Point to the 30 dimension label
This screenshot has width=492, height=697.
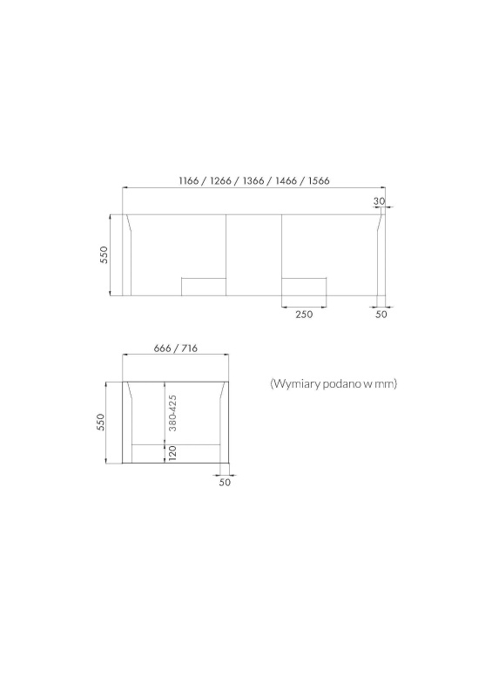(x=379, y=201)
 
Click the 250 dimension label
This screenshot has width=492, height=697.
(x=304, y=315)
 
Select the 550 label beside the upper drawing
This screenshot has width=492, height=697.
(x=104, y=254)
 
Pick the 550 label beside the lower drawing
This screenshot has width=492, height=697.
(x=100, y=423)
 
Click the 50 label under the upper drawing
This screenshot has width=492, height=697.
(x=381, y=315)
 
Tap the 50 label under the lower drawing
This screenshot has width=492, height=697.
(x=225, y=482)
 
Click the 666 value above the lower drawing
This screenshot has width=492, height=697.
(x=162, y=348)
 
